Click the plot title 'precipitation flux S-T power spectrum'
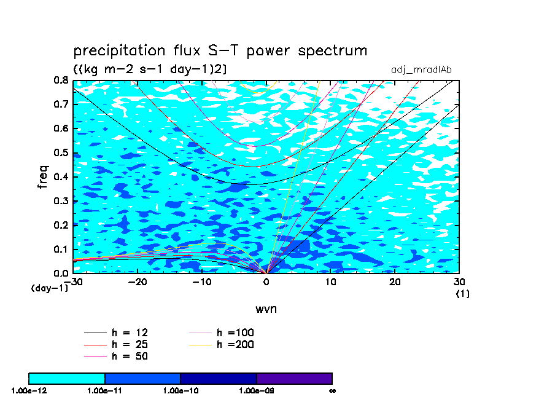pos(220,50)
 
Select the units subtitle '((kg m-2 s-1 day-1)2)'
pos(150,69)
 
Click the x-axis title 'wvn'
pos(266,309)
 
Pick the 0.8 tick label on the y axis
pos(60,81)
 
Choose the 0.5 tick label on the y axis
pos(60,152)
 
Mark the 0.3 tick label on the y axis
pos(60,201)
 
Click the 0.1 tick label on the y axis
pos(60,249)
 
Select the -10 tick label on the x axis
pos(201,282)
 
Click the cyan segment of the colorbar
pos(67,378)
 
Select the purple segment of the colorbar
pos(295,378)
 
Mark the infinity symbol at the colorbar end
pos(332,390)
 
